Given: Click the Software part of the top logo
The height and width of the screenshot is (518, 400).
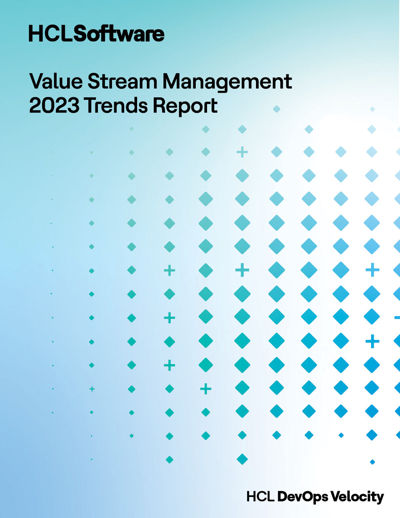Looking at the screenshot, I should point(119,34).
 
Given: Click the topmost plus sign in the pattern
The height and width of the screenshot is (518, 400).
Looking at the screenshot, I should point(242,152).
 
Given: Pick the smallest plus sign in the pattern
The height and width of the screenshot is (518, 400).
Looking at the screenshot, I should point(92,389).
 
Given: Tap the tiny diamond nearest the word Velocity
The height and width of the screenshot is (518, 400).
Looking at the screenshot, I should point(372,462).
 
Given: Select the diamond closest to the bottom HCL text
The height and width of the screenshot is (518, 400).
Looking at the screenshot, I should point(242,459).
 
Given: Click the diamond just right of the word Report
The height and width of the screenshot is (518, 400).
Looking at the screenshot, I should point(277,108).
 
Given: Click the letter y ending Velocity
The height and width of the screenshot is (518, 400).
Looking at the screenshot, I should point(379,498).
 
